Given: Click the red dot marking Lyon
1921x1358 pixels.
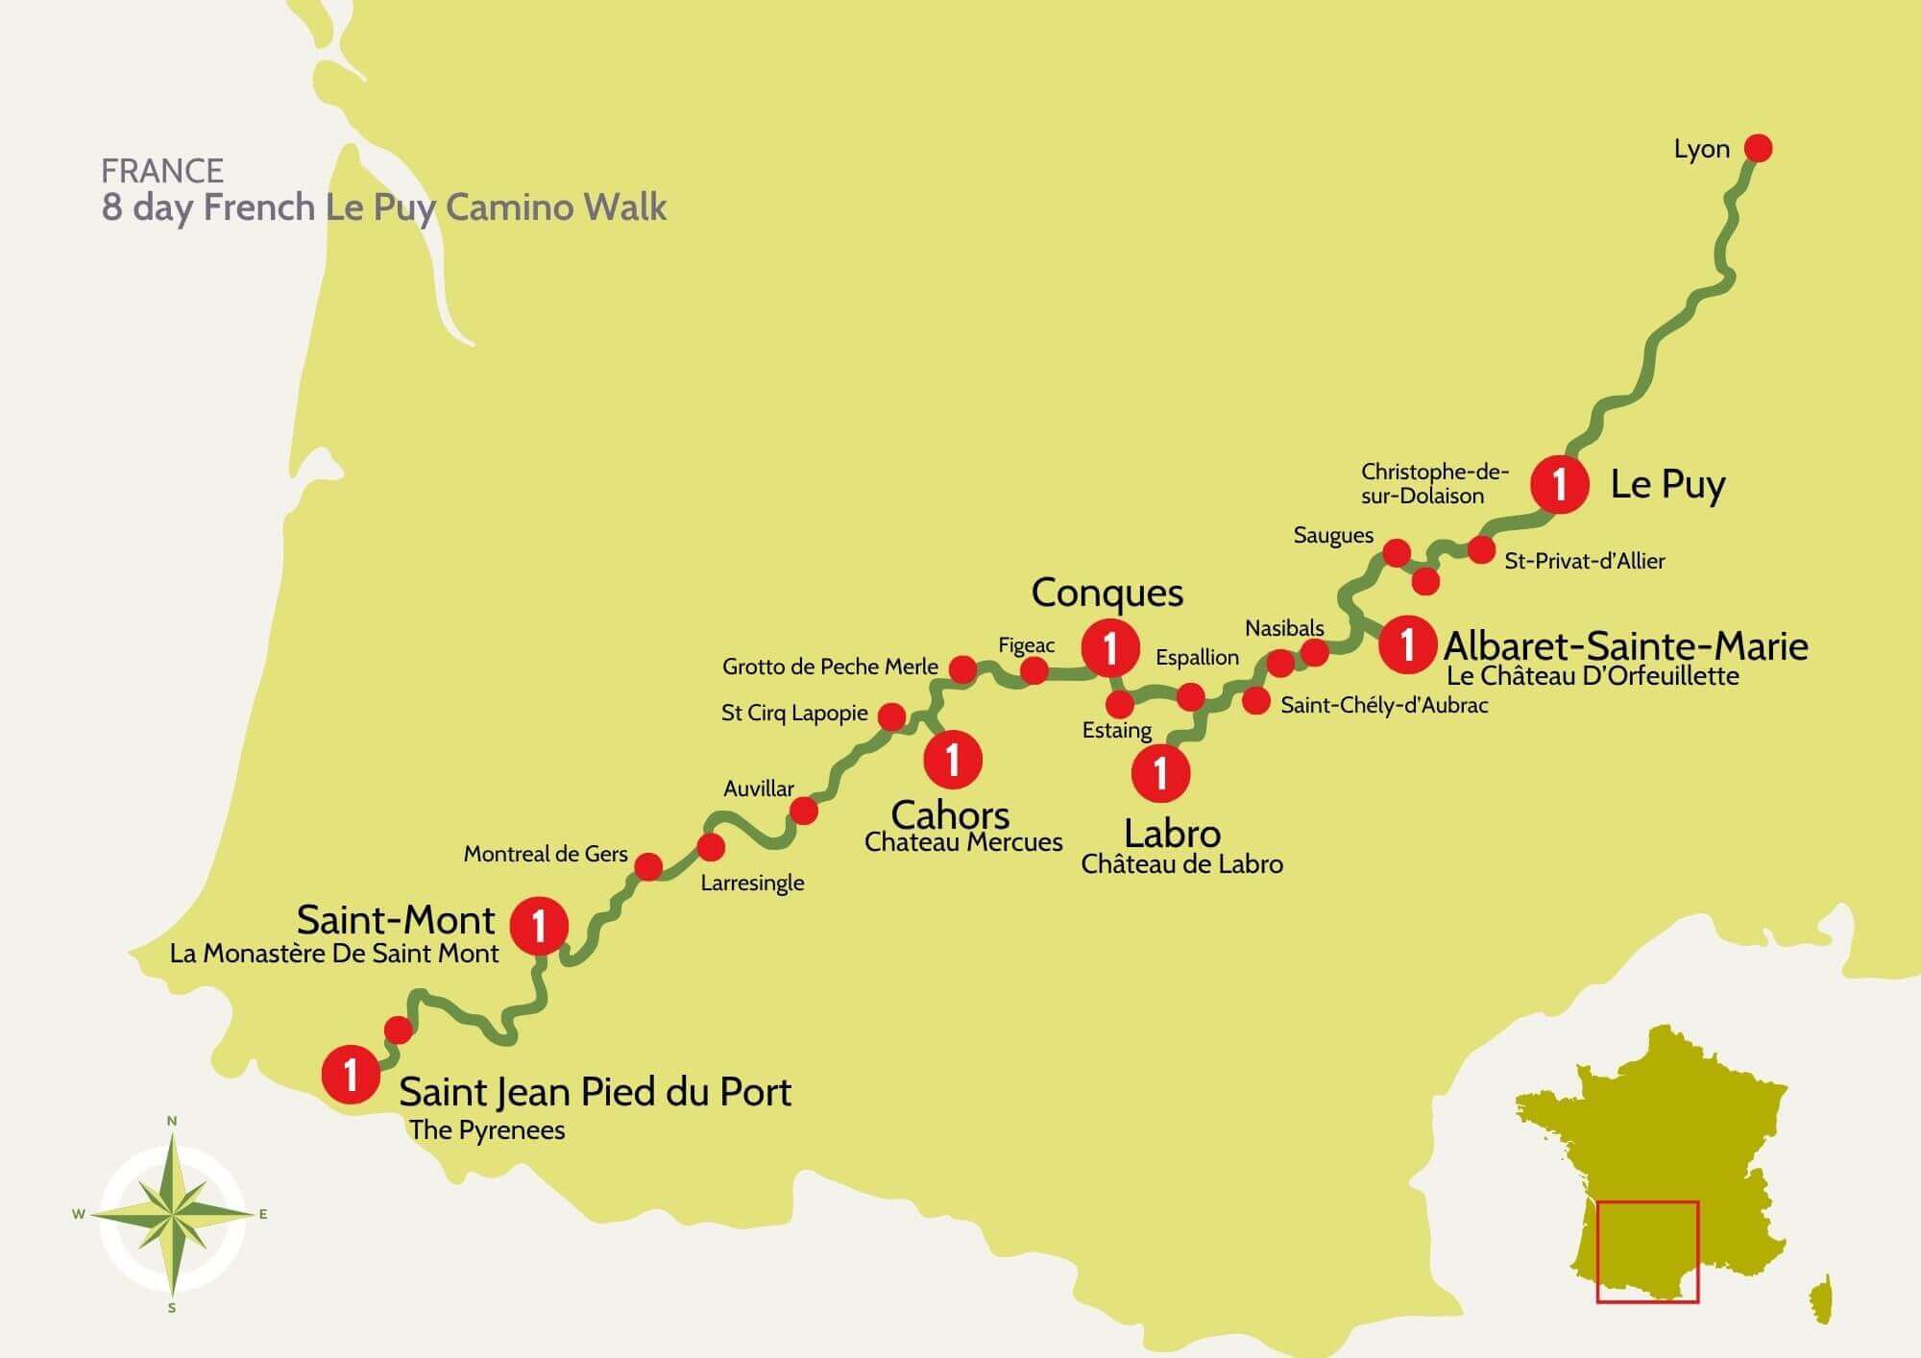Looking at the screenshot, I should (1758, 148).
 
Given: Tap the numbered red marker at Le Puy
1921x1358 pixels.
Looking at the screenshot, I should (1559, 484).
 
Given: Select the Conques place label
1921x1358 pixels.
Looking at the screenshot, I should (1106, 593).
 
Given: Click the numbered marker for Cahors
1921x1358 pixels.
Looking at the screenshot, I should (952, 759).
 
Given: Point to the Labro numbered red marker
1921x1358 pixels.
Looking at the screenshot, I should (1160, 772).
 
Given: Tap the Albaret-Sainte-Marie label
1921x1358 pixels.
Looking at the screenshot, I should (1625, 645).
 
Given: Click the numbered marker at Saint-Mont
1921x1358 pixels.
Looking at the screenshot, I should (539, 926).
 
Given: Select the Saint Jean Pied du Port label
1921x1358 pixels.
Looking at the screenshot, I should (595, 1092).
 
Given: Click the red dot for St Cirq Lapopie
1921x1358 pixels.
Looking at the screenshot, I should (891, 716).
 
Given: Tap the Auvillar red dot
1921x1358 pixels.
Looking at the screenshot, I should (803, 811).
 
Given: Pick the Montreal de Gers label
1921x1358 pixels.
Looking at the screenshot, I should (545, 854).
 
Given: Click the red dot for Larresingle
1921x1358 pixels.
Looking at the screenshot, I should (711, 847).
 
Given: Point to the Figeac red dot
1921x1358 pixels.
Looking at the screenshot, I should (1033, 669).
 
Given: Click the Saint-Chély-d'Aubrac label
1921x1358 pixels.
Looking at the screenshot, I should (1384, 705).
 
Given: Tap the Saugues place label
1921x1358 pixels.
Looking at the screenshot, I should (1332, 535).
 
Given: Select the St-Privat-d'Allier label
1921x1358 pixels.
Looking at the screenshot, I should (1584, 561).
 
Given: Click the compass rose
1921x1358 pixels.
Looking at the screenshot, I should (172, 1215).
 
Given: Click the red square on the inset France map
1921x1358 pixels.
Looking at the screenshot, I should (1647, 1251).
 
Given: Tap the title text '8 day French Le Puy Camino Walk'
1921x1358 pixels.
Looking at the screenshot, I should (384, 207).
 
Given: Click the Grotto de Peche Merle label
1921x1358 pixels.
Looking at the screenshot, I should (830, 667).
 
